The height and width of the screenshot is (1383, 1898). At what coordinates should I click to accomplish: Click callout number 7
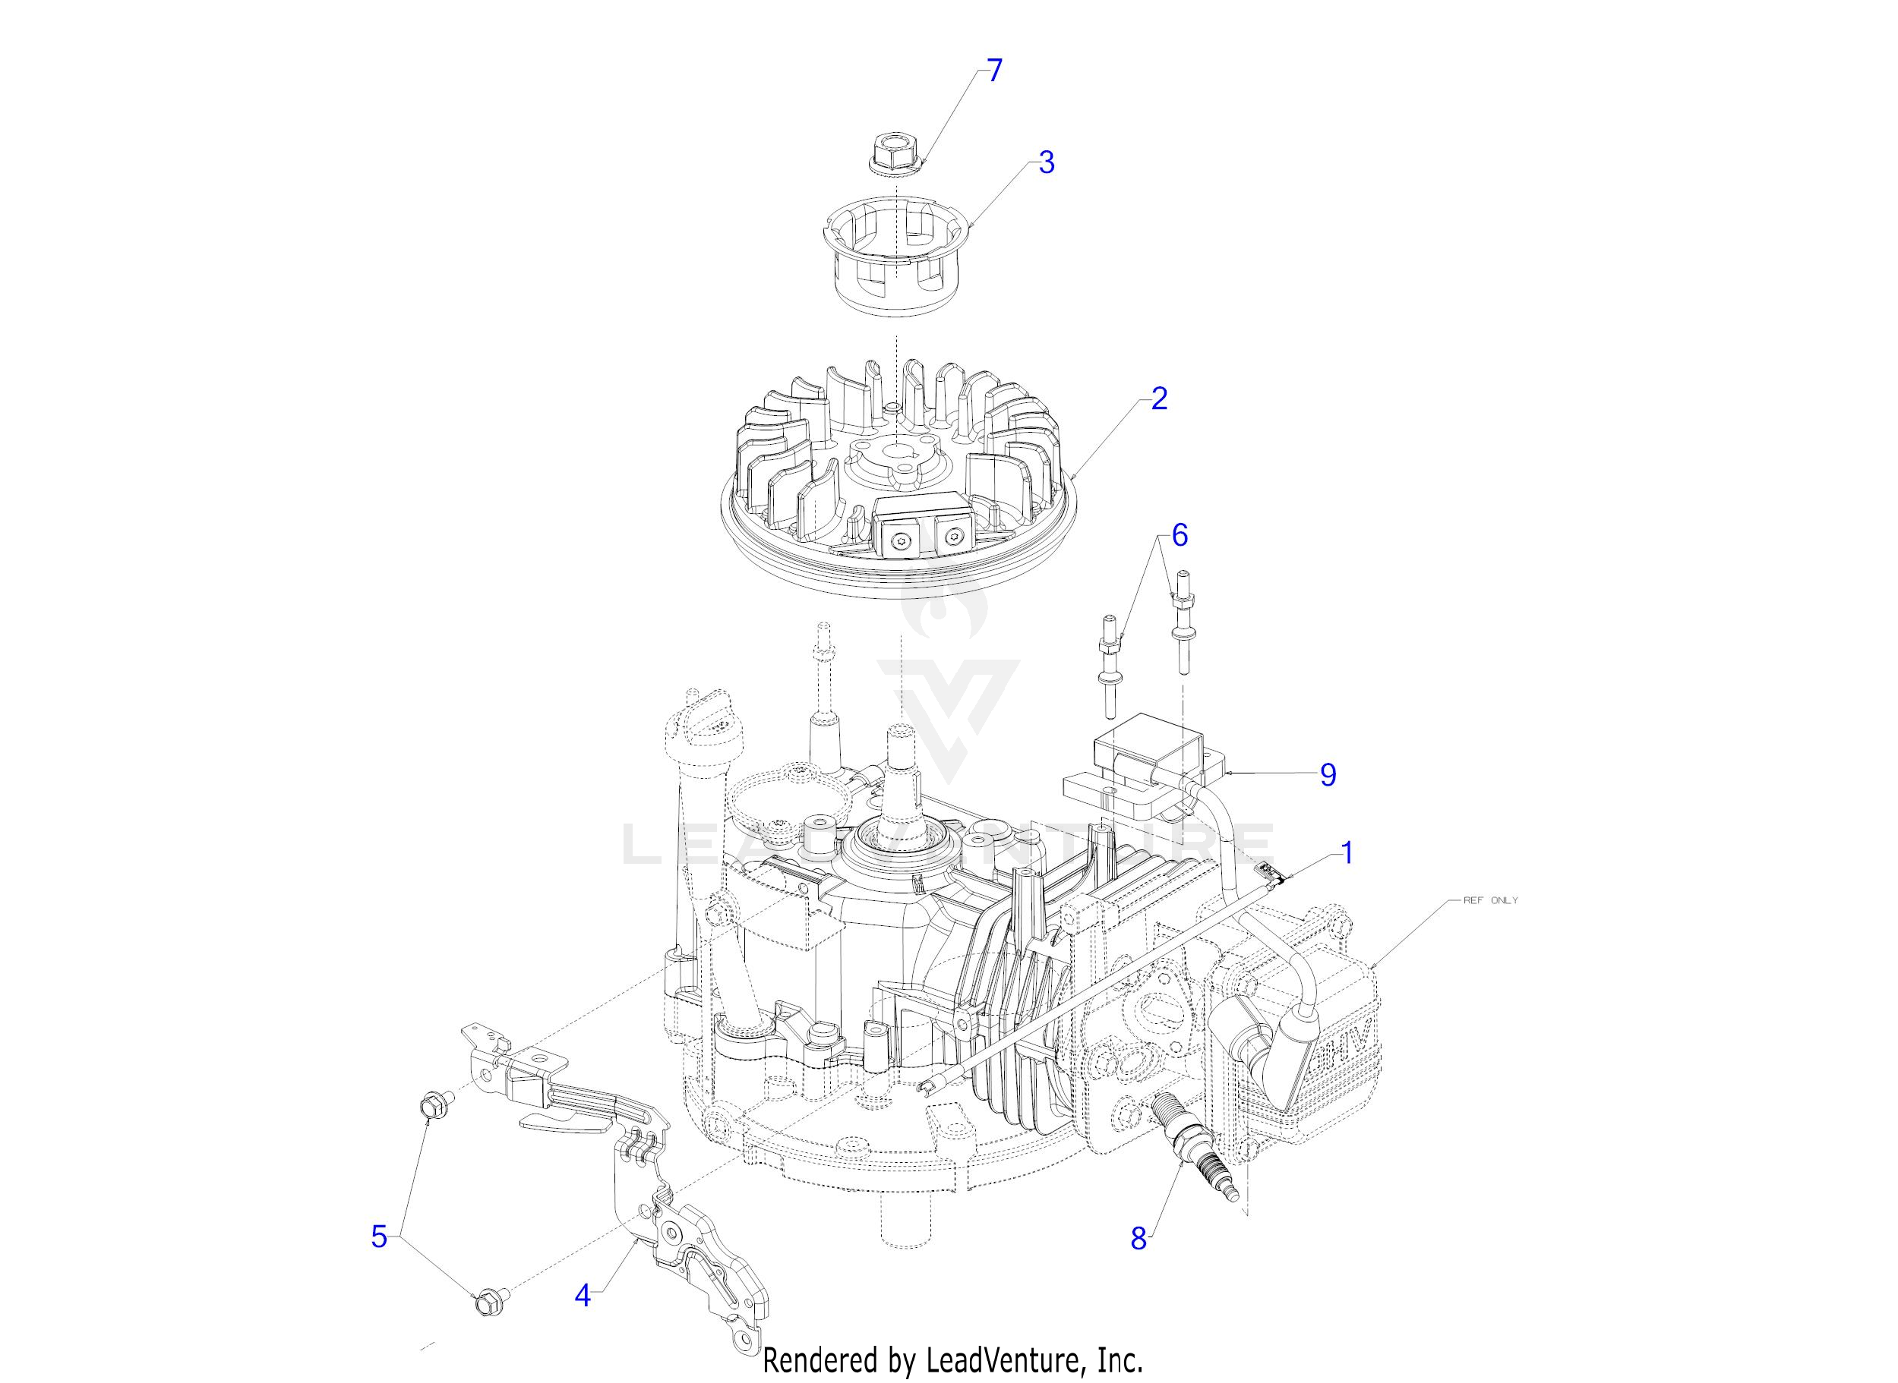tap(993, 71)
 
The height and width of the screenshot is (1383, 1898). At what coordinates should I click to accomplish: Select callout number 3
tap(1046, 162)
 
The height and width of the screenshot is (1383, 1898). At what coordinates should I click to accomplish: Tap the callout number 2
tap(1158, 399)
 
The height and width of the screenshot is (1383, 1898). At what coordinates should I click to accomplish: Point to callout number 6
tap(1180, 535)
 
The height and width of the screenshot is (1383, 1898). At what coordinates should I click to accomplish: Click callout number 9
tap(1328, 774)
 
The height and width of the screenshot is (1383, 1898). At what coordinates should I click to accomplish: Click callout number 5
tap(380, 1236)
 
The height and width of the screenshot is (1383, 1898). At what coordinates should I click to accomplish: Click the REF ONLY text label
tap(1490, 900)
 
